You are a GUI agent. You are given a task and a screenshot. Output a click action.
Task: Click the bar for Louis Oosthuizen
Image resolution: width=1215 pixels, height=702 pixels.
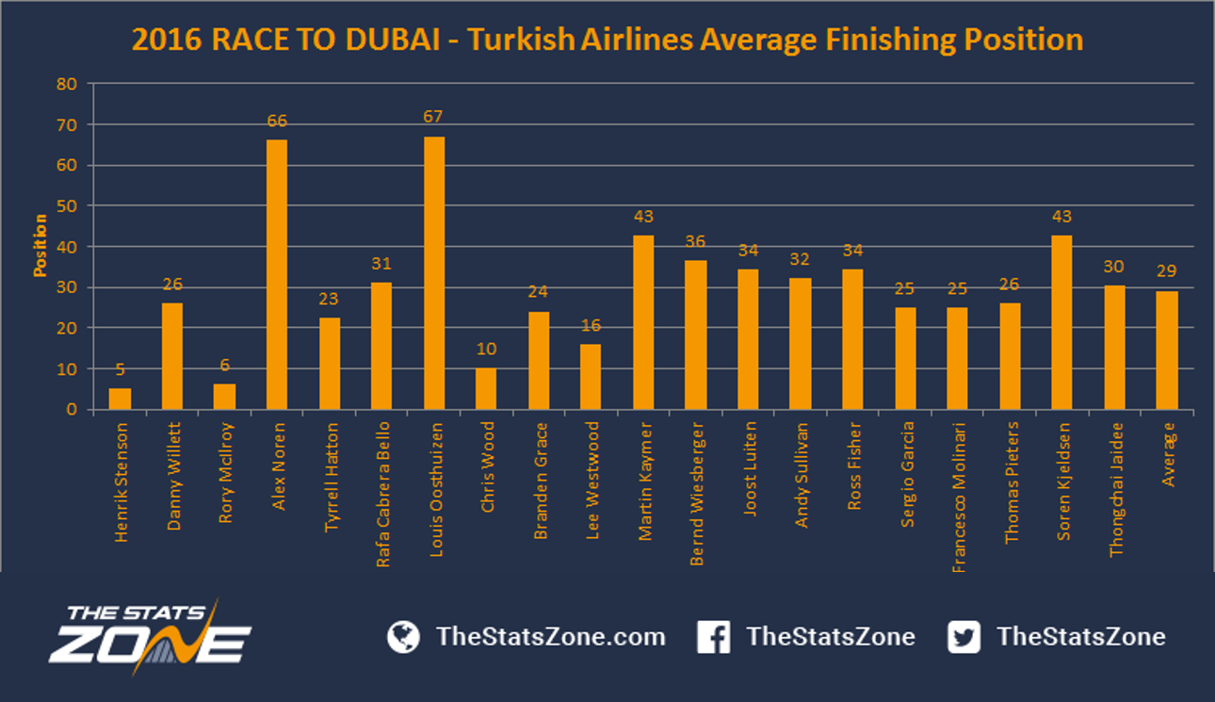[x=434, y=273]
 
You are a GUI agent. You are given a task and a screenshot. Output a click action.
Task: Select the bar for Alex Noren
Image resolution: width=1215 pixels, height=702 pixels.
[x=277, y=274]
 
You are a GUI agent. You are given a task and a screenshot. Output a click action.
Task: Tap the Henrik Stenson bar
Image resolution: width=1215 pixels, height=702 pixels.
[x=120, y=399]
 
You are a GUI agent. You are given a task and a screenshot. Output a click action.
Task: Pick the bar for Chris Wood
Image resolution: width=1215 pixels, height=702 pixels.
[x=486, y=389]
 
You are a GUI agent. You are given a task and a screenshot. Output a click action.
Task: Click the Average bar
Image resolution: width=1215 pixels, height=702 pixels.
[x=1167, y=351]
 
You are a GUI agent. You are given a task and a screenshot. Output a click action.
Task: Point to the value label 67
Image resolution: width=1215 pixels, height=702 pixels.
[x=433, y=117]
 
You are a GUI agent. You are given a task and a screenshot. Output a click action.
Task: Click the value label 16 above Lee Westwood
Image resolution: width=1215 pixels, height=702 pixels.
[x=591, y=325]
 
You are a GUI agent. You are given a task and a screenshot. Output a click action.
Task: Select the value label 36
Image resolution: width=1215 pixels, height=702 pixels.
[x=695, y=241]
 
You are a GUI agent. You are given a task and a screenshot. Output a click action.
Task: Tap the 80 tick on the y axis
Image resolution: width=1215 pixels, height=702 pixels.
[x=67, y=84]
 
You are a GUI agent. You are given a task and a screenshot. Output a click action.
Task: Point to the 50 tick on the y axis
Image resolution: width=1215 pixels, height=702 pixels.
[x=67, y=206]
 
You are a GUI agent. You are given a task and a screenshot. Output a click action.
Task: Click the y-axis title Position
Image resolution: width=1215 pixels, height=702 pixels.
[x=40, y=245]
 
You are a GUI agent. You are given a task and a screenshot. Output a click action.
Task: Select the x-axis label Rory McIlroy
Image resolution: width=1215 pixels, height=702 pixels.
[x=226, y=473]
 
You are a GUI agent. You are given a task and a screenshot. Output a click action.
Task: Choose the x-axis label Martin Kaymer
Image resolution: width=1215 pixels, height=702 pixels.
[x=645, y=482]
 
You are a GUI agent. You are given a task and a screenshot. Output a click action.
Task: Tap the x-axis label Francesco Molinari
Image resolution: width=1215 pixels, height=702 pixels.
[x=959, y=498]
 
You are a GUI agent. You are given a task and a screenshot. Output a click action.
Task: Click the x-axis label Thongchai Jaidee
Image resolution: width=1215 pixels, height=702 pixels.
[x=1116, y=490]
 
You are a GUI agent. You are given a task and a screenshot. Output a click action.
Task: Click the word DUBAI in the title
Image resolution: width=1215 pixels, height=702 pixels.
[x=393, y=40]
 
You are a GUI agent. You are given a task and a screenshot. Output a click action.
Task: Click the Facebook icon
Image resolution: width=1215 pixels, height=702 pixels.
[x=713, y=637]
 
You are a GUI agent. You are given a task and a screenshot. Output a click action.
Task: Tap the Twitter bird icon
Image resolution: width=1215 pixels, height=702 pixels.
[x=964, y=637]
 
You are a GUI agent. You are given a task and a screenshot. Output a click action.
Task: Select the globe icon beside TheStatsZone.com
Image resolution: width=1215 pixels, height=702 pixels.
[x=403, y=637]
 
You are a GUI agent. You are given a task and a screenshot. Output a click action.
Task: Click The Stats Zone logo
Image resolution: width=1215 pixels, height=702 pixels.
[x=151, y=637]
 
